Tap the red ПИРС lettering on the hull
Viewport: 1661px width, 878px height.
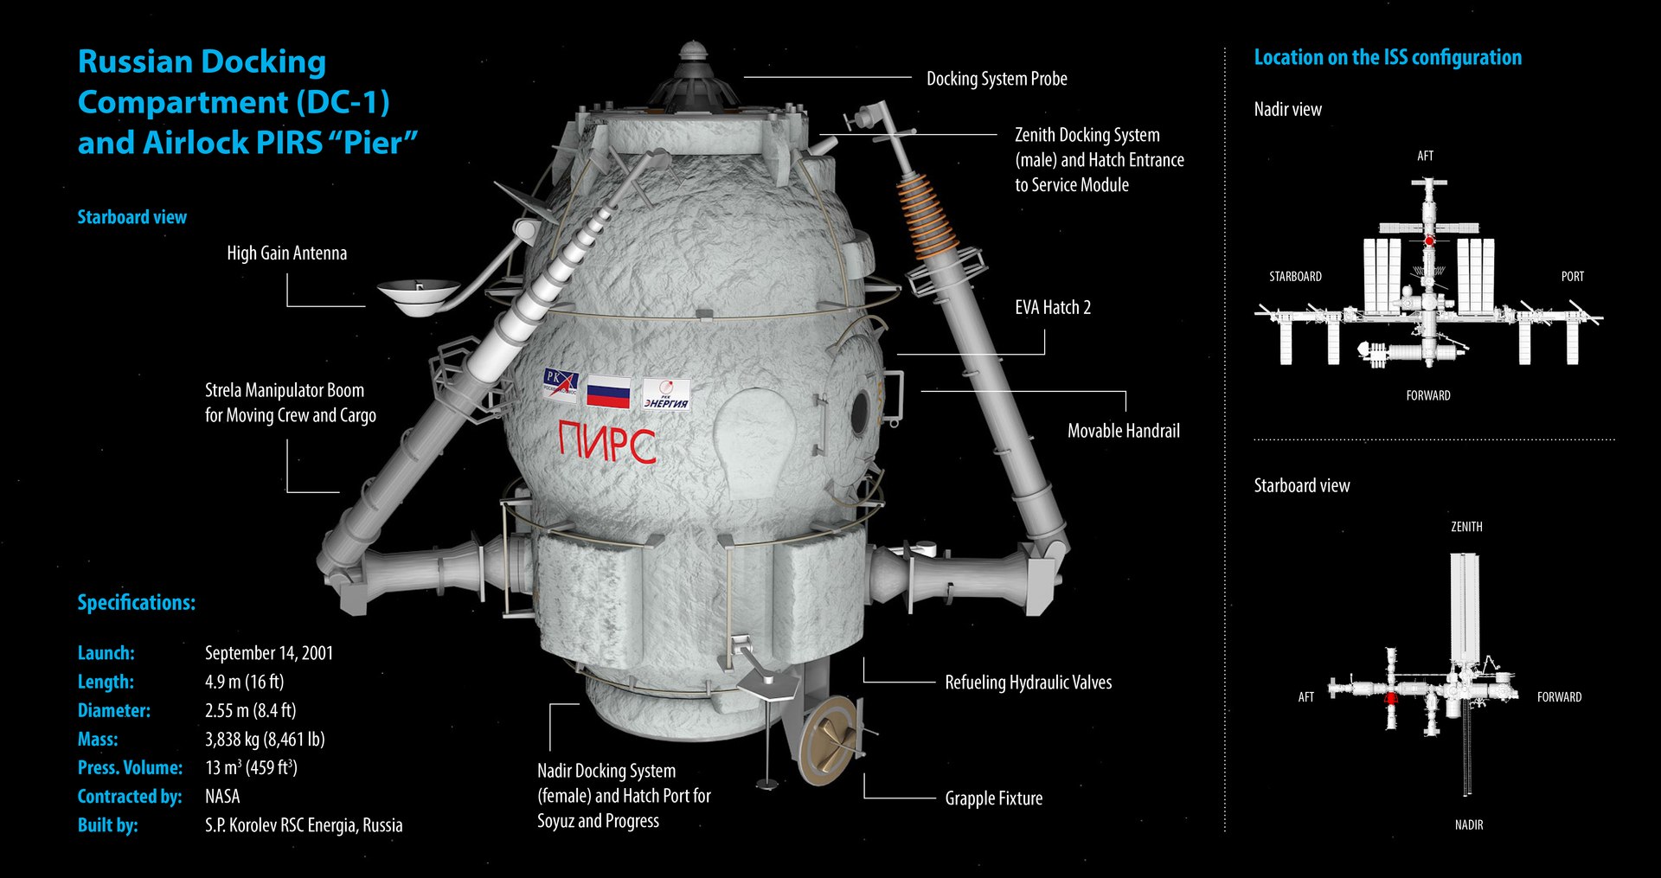[x=606, y=442]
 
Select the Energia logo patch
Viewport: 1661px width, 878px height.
[x=666, y=394]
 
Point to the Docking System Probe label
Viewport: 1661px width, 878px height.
[x=997, y=79]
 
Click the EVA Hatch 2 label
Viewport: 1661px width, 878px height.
[x=1052, y=307]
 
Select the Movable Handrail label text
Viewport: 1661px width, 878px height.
[x=1123, y=431]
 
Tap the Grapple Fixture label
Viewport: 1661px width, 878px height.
[x=993, y=798]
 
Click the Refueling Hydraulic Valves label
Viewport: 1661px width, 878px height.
[x=1028, y=683]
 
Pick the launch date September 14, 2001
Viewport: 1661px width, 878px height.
[x=269, y=653]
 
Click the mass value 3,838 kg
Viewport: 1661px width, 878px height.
[x=265, y=739]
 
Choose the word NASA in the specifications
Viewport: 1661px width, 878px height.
[x=222, y=796]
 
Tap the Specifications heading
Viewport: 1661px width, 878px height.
[x=136, y=602]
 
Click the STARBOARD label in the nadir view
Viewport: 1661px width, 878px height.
[x=1294, y=277]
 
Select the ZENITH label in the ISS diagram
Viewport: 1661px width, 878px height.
[x=1465, y=526]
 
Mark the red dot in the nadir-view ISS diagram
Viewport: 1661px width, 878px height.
[x=1429, y=240]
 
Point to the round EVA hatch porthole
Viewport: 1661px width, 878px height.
[x=859, y=413]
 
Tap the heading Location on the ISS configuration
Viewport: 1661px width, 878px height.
[x=1387, y=58]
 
